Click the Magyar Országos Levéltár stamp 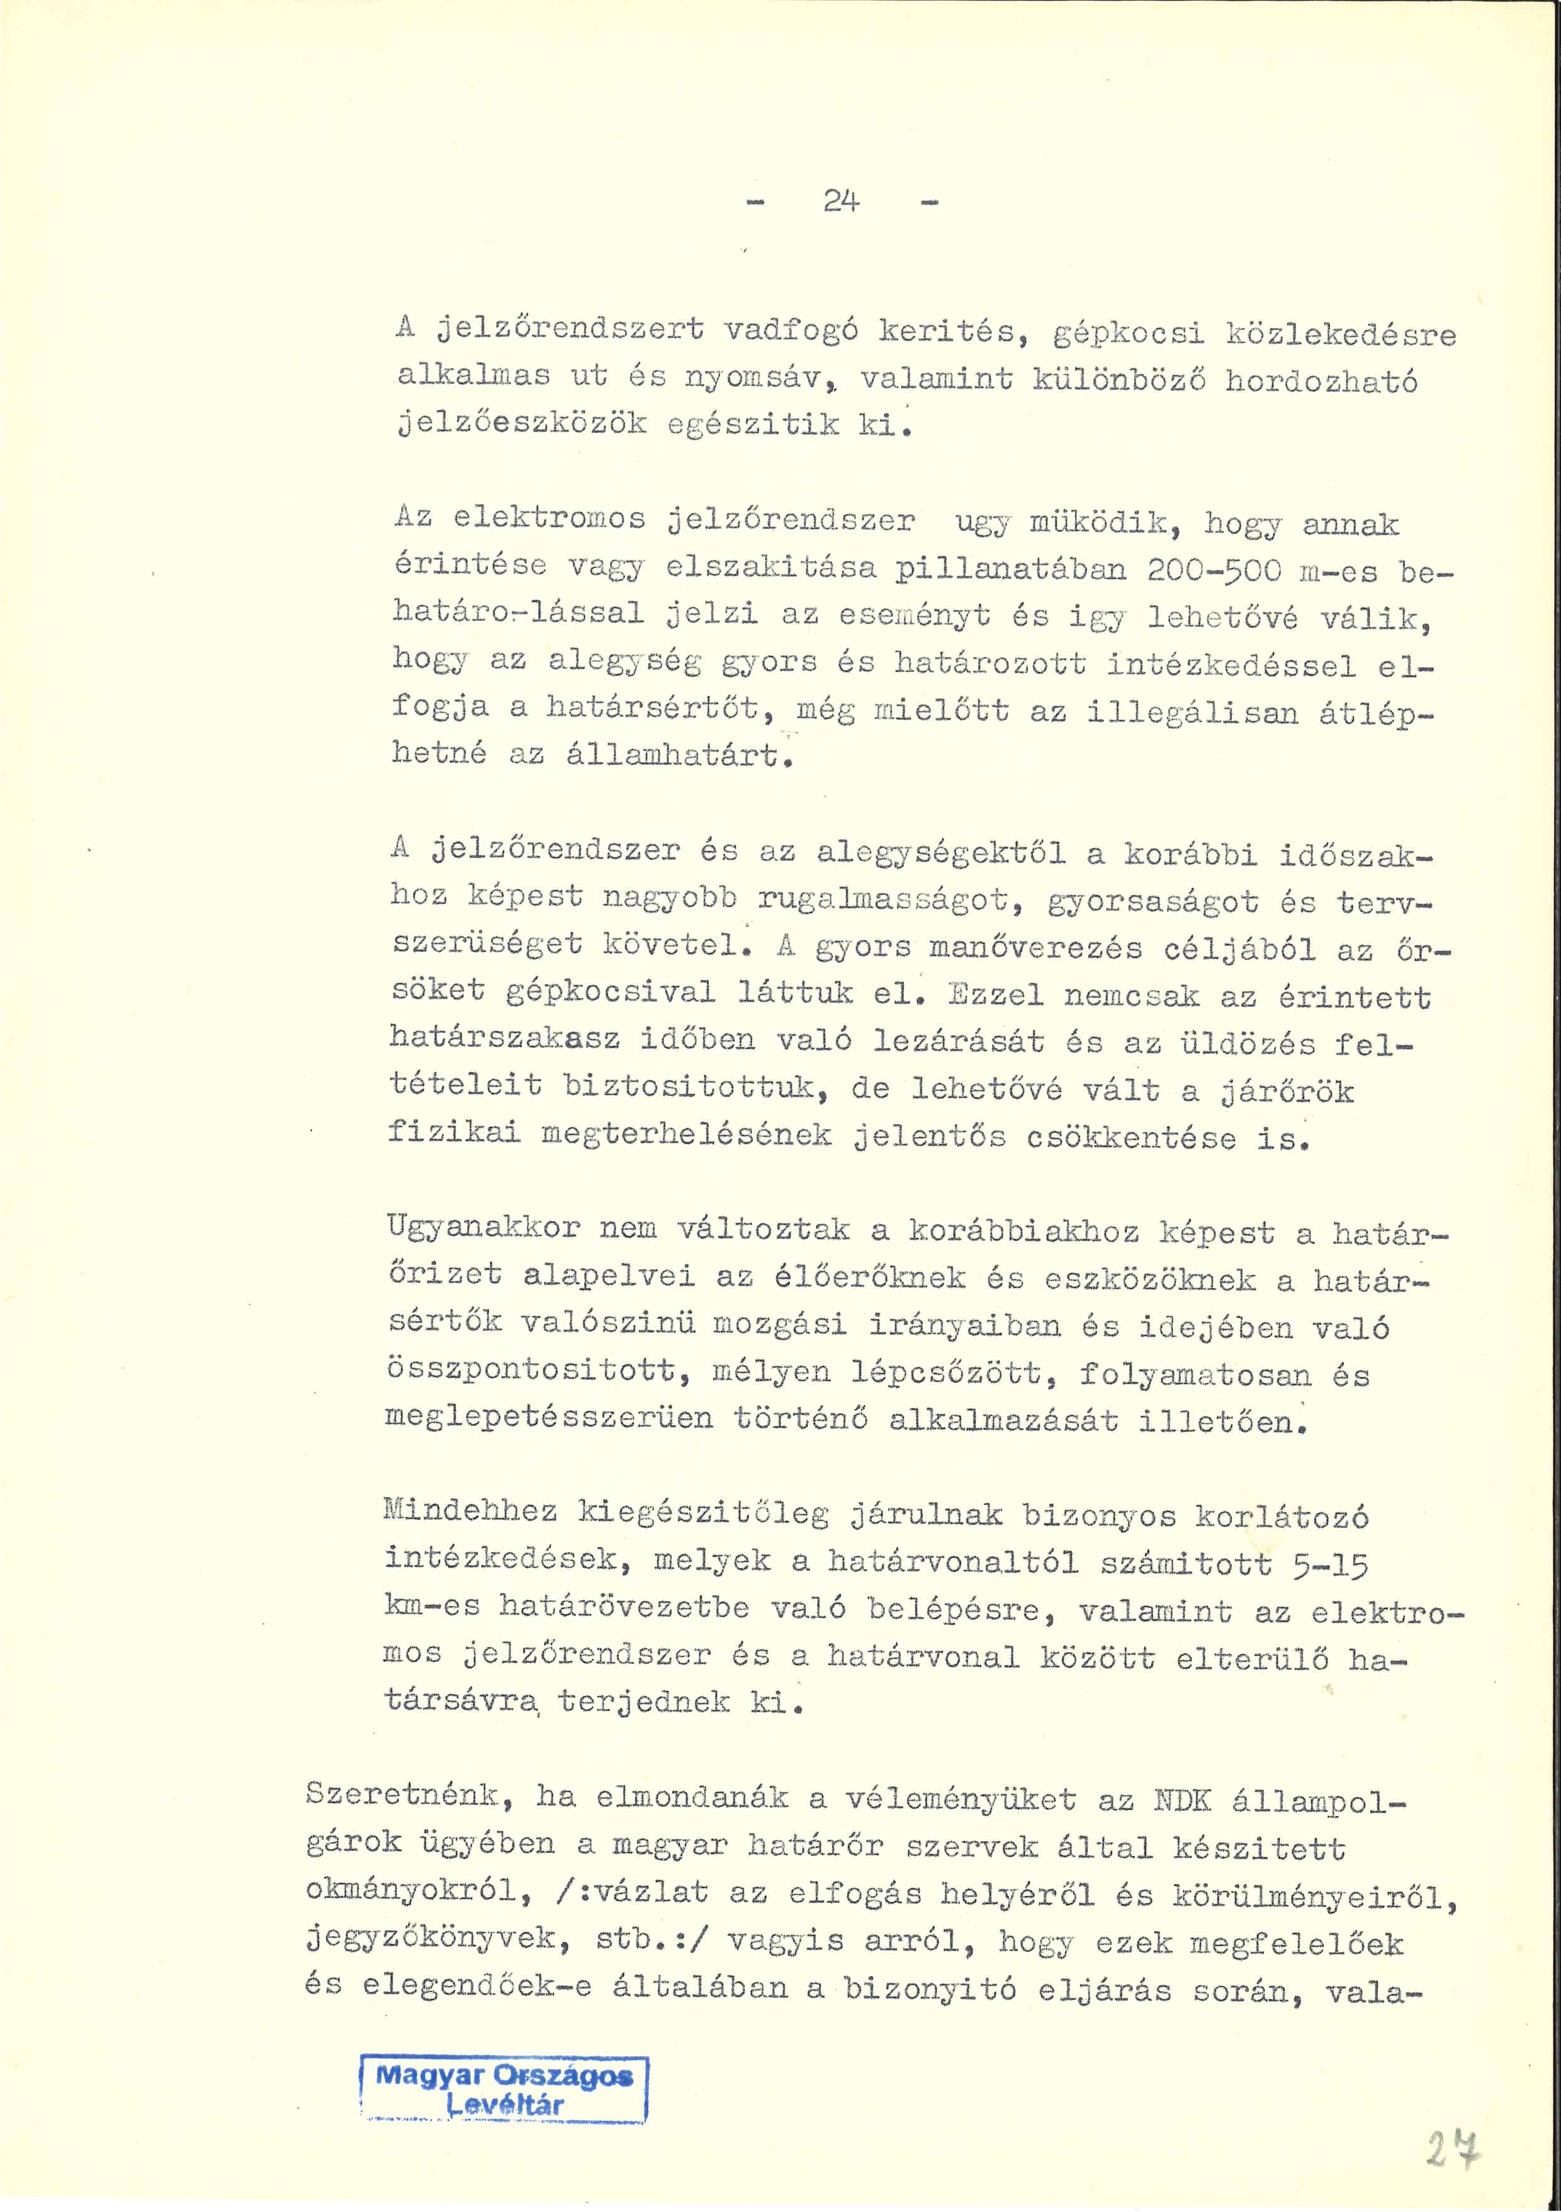click(504, 2090)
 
